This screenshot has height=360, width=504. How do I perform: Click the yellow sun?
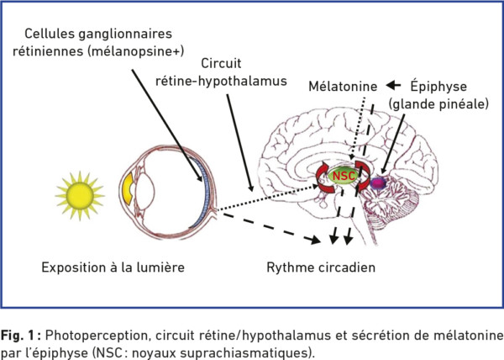click(x=80, y=196)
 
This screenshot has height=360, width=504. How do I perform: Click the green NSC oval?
click(x=344, y=177)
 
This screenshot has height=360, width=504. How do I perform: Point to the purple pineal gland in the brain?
click(x=378, y=183)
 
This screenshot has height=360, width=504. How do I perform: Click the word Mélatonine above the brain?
click(x=343, y=87)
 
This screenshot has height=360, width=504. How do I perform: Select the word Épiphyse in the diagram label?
click(x=438, y=87)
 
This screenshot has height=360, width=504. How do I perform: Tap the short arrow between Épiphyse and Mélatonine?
click(x=393, y=86)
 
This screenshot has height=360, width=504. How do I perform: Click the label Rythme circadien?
click(x=321, y=267)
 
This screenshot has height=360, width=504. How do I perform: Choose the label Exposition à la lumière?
click(x=113, y=267)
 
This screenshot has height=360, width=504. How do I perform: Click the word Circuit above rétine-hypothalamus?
click(x=221, y=63)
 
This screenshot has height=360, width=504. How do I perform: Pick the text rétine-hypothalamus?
click(x=221, y=81)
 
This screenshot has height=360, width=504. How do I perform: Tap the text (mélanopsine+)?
click(x=135, y=51)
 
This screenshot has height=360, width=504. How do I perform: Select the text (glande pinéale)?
click(x=438, y=104)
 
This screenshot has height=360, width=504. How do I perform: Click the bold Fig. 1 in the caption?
click(x=20, y=336)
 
